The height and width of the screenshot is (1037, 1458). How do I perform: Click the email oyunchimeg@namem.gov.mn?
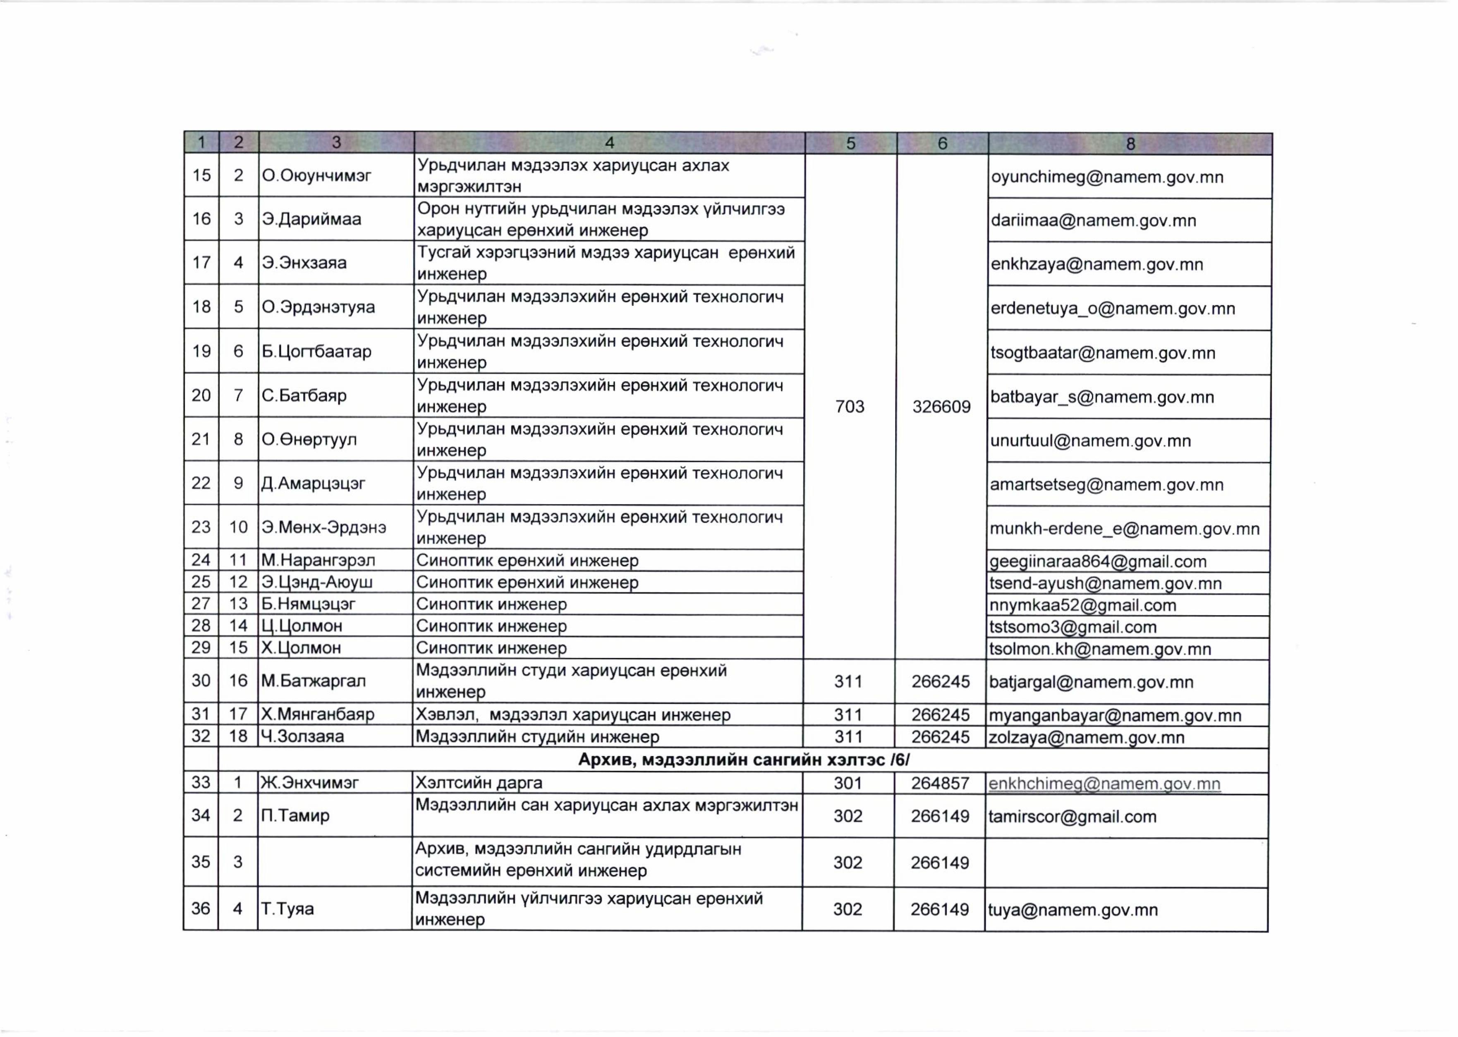pos(1107,177)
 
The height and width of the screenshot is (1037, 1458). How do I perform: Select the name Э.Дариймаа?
pos(311,219)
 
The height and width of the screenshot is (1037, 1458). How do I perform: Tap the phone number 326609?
pos(941,407)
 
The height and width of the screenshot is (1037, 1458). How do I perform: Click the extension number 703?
pos(850,407)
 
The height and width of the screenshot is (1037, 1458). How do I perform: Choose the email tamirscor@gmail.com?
pos(1072,817)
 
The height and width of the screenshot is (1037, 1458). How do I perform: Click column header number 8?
pos(1130,143)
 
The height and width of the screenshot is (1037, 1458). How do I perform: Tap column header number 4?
pos(609,143)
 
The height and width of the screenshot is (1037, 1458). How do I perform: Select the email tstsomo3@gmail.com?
pos(1073,627)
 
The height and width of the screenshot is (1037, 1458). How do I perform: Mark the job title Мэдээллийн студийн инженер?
pos(537,737)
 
